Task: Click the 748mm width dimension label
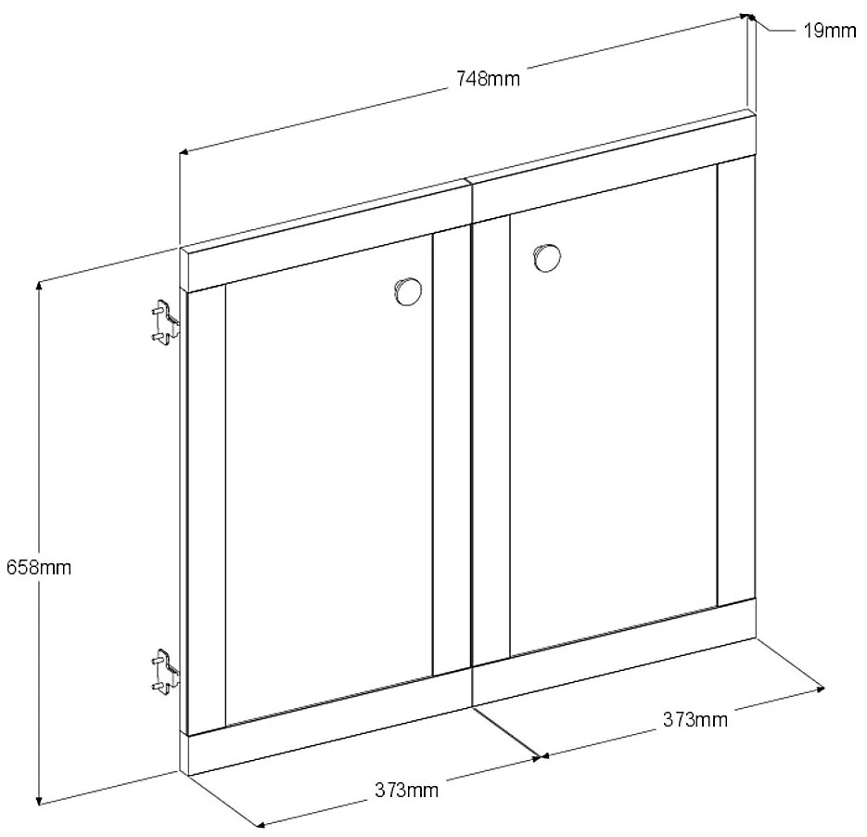point(488,79)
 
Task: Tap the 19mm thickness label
point(829,31)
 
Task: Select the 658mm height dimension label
point(39,568)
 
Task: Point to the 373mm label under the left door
point(407,790)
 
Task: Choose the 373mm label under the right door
point(695,720)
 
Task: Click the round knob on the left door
point(408,291)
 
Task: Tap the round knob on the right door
point(547,257)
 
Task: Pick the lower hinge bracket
point(165,672)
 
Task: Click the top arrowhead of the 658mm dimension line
point(39,286)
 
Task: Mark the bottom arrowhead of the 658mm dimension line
point(39,801)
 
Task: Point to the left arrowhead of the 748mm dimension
point(185,151)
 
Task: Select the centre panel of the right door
point(614,410)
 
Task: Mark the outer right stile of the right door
point(736,380)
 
